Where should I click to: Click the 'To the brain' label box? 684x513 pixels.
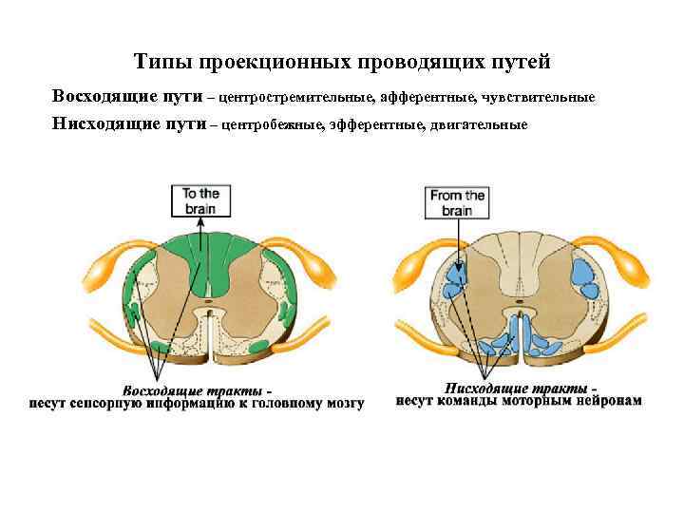(201, 200)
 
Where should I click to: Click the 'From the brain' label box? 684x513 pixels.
(457, 202)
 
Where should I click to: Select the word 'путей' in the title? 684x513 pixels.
(521, 63)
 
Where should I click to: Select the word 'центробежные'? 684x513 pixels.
(274, 125)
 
